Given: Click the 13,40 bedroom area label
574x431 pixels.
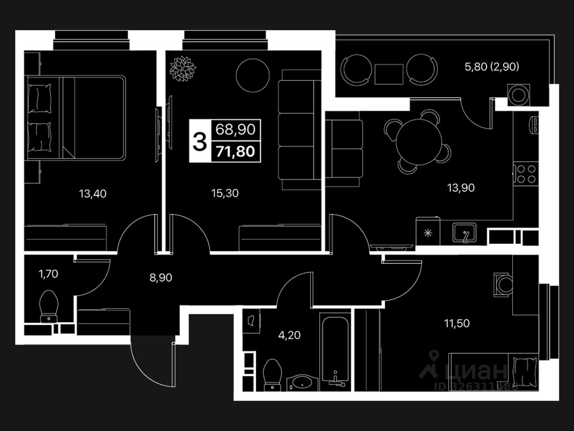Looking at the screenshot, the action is (x=93, y=194).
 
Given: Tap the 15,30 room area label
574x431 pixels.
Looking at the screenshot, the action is (x=225, y=194).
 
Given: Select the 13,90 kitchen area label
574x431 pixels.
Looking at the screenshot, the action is (x=461, y=188).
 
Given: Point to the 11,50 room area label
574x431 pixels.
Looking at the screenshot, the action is (x=457, y=323).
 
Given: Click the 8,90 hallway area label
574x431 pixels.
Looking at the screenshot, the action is (x=161, y=278).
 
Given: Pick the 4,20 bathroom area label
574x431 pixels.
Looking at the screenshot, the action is (x=289, y=335).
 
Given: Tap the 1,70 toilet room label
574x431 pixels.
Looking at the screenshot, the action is (x=48, y=273).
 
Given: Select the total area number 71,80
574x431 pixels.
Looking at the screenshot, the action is (x=235, y=151).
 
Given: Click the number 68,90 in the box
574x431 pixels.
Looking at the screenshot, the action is (x=235, y=130).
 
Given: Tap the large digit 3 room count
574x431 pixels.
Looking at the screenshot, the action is (x=199, y=141).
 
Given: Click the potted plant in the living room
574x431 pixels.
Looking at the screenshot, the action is (x=182, y=69).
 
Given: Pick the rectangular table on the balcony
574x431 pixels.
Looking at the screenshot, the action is (x=389, y=74).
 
